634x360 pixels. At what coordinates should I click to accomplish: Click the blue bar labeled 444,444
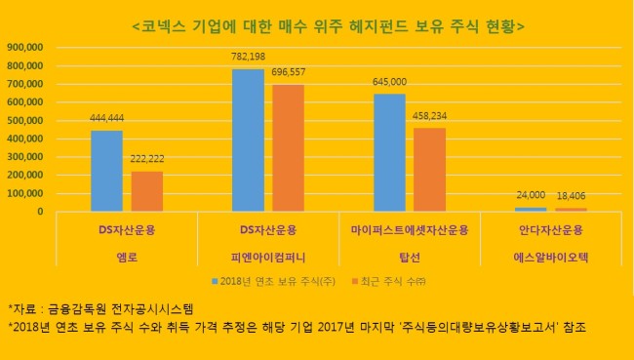pyautogui.click(x=106, y=171)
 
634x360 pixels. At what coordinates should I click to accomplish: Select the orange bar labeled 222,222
pyautogui.click(x=147, y=191)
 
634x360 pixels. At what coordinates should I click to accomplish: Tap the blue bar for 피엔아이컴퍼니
pyautogui.click(x=249, y=140)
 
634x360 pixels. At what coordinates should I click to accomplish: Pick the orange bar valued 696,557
pyautogui.click(x=289, y=147)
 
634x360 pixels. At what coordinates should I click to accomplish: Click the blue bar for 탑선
pyautogui.click(x=390, y=152)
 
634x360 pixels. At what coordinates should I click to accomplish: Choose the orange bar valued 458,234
pyautogui.click(x=430, y=170)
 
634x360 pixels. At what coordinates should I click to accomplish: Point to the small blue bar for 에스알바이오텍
pyautogui.click(x=531, y=209)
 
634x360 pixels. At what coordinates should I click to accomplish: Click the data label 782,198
pyautogui.click(x=249, y=57)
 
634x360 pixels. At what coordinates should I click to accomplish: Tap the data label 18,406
pyautogui.click(x=571, y=196)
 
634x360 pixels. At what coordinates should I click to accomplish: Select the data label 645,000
pyautogui.click(x=389, y=82)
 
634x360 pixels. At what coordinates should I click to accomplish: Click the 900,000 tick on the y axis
pyautogui.click(x=25, y=48)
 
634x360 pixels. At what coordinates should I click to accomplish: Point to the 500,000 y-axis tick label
pyautogui.click(x=25, y=121)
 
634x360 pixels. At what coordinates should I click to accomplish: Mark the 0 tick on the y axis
pyautogui.click(x=40, y=212)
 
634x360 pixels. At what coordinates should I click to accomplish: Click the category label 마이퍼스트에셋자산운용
pyautogui.click(x=410, y=230)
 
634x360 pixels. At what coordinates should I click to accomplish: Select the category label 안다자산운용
pyautogui.click(x=551, y=230)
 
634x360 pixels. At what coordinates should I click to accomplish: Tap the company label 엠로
pyautogui.click(x=127, y=258)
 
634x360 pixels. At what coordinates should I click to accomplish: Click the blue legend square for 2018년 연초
pyautogui.click(x=215, y=281)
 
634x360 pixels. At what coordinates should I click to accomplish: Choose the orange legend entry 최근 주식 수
pyautogui.click(x=389, y=282)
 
